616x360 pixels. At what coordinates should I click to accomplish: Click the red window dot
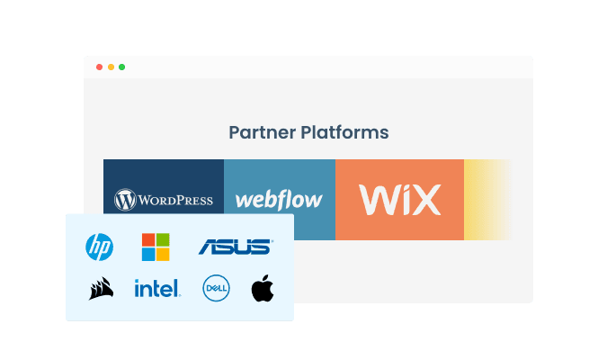99,67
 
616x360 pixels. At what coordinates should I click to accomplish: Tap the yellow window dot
111,67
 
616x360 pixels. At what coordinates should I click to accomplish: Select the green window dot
122,67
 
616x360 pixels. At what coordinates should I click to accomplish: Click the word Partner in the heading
259,132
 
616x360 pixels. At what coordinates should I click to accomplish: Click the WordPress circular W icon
124,199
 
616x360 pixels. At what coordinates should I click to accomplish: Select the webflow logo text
279,199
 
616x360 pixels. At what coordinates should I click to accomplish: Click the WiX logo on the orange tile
399,199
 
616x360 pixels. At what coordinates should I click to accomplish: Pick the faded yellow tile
487,200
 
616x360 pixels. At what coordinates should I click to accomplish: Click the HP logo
98,246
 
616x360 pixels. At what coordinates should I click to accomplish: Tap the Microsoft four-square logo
155,246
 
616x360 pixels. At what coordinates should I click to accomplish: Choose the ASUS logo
234,246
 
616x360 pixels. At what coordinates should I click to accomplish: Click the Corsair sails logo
100,289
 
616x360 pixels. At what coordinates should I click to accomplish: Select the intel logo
156,289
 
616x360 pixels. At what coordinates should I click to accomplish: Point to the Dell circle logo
216,289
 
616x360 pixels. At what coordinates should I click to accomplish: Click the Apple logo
262,289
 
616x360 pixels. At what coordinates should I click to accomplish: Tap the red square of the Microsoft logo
148,239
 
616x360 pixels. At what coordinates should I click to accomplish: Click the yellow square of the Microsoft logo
162,253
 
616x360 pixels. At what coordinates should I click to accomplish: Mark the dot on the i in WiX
400,187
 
